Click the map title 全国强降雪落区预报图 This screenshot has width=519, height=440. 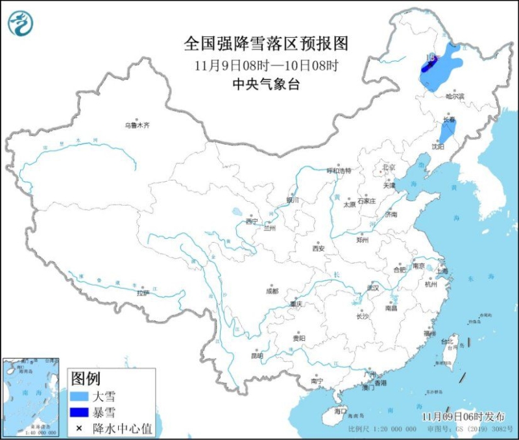[x=267, y=44]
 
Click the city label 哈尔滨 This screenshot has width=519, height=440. [x=456, y=96]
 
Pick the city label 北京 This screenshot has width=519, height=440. [x=389, y=167]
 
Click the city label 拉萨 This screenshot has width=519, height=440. [x=143, y=293]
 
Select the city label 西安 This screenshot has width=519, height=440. [x=317, y=248]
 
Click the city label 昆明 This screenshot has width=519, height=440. [x=257, y=355]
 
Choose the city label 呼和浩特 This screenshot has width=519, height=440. [x=338, y=171]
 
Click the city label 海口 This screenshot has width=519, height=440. [x=341, y=411]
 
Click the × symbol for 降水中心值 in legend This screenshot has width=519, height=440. [x=79, y=428]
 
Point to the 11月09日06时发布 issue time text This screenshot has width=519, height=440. [x=465, y=415]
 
